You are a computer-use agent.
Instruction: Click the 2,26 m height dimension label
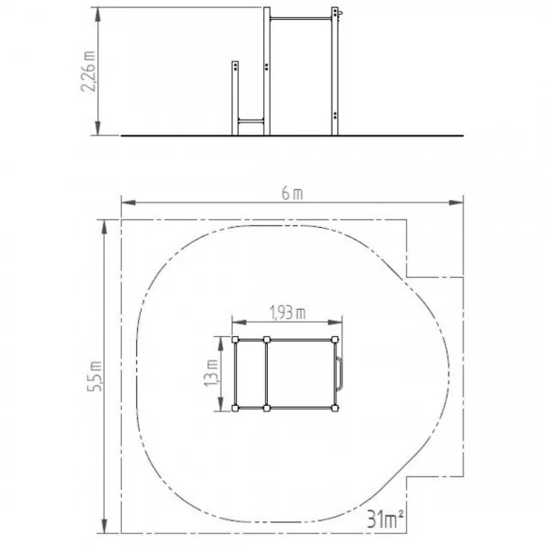click(88, 71)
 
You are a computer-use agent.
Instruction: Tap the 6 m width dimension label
click(292, 193)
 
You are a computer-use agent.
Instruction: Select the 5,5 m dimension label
click(94, 376)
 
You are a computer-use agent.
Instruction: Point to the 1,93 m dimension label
click(287, 312)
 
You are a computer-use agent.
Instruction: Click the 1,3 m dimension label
click(212, 373)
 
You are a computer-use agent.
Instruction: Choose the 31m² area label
click(386, 520)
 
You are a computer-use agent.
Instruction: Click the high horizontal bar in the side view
click(301, 18)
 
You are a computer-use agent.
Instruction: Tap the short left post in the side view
click(235, 98)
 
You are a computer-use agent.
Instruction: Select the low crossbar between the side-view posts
click(251, 121)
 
